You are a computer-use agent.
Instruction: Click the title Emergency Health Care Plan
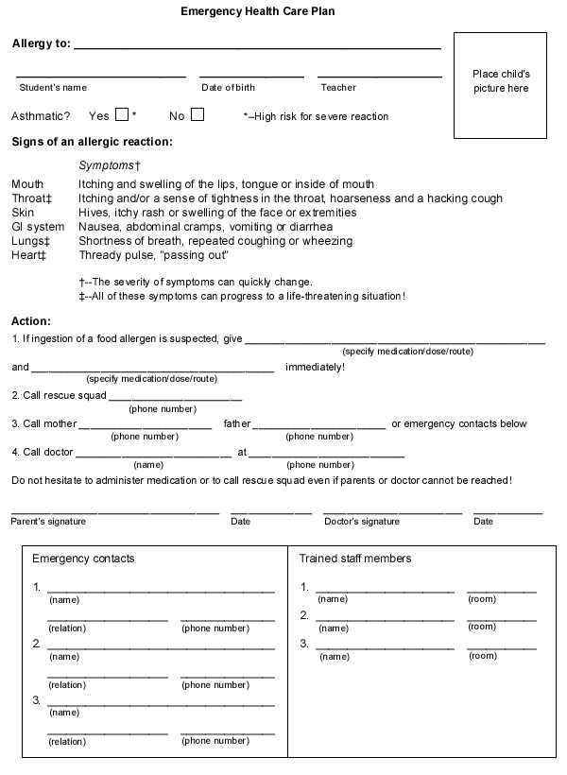click(257, 12)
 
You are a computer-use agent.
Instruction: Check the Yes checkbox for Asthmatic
click(122, 115)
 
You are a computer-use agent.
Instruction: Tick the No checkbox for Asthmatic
click(197, 115)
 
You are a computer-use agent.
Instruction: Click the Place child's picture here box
click(500, 81)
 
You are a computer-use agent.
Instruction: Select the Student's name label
click(53, 88)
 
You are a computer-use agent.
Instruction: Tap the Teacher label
click(338, 88)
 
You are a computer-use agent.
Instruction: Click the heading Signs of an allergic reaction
click(92, 142)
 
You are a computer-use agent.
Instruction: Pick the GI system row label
click(38, 227)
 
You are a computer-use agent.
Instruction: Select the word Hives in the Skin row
click(94, 213)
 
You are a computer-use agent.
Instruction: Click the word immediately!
click(315, 367)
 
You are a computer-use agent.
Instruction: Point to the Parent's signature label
click(48, 521)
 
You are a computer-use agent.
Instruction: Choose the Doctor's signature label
click(361, 521)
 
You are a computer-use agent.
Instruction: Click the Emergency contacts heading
click(83, 559)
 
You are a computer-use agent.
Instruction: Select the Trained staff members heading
click(355, 559)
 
